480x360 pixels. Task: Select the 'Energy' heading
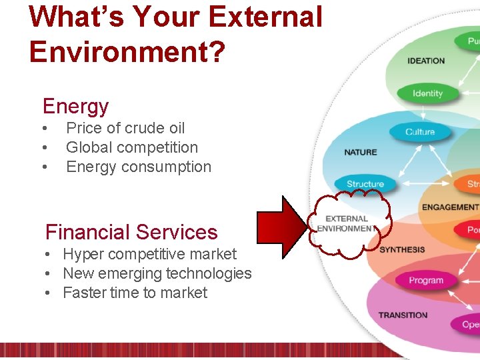(75, 106)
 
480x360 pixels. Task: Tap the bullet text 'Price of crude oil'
(125, 128)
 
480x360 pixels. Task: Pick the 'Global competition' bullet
(132, 147)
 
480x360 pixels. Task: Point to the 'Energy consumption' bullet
(139, 167)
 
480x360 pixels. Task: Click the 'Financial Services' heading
(131, 232)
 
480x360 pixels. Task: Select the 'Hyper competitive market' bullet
(149, 254)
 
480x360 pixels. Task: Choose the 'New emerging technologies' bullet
(157, 273)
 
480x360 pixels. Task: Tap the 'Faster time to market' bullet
(135, 293)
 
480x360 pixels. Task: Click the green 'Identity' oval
(427, 93)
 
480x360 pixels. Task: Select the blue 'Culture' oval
(419, 131)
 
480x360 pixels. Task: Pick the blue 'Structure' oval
(365, 184)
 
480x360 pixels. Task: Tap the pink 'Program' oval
(426, 281)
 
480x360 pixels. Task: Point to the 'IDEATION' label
(426, 61)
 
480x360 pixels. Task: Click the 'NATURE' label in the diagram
(361, 152)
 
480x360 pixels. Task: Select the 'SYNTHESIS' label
(402, 249)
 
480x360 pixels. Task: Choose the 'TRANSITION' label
(403, 315)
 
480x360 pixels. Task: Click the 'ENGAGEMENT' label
(450, 207)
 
